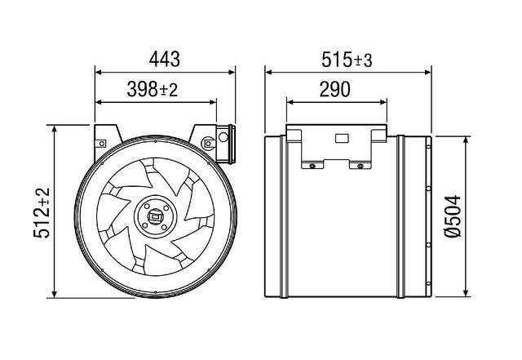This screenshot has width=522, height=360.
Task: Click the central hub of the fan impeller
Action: (154, 217)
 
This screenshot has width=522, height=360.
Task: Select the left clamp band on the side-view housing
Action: (283, 215)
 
